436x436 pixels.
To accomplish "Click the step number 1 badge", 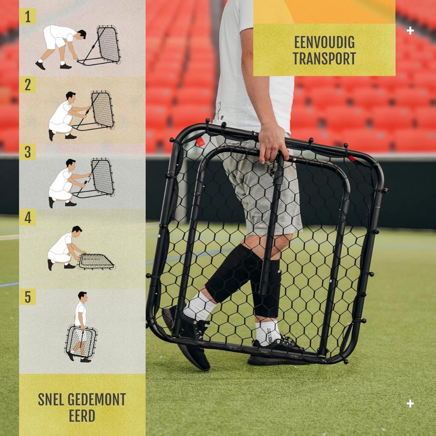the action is point(28,16).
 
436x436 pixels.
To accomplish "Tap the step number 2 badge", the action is point(28,85).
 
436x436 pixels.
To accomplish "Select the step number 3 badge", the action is point(28,152).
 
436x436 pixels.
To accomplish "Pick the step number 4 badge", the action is point(28,217).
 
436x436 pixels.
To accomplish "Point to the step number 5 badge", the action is point(28,296).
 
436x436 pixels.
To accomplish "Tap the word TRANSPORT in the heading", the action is point(324,58).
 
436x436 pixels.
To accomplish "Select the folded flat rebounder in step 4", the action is point(96,261).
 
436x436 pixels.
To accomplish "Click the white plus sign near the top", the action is point(410,31).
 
